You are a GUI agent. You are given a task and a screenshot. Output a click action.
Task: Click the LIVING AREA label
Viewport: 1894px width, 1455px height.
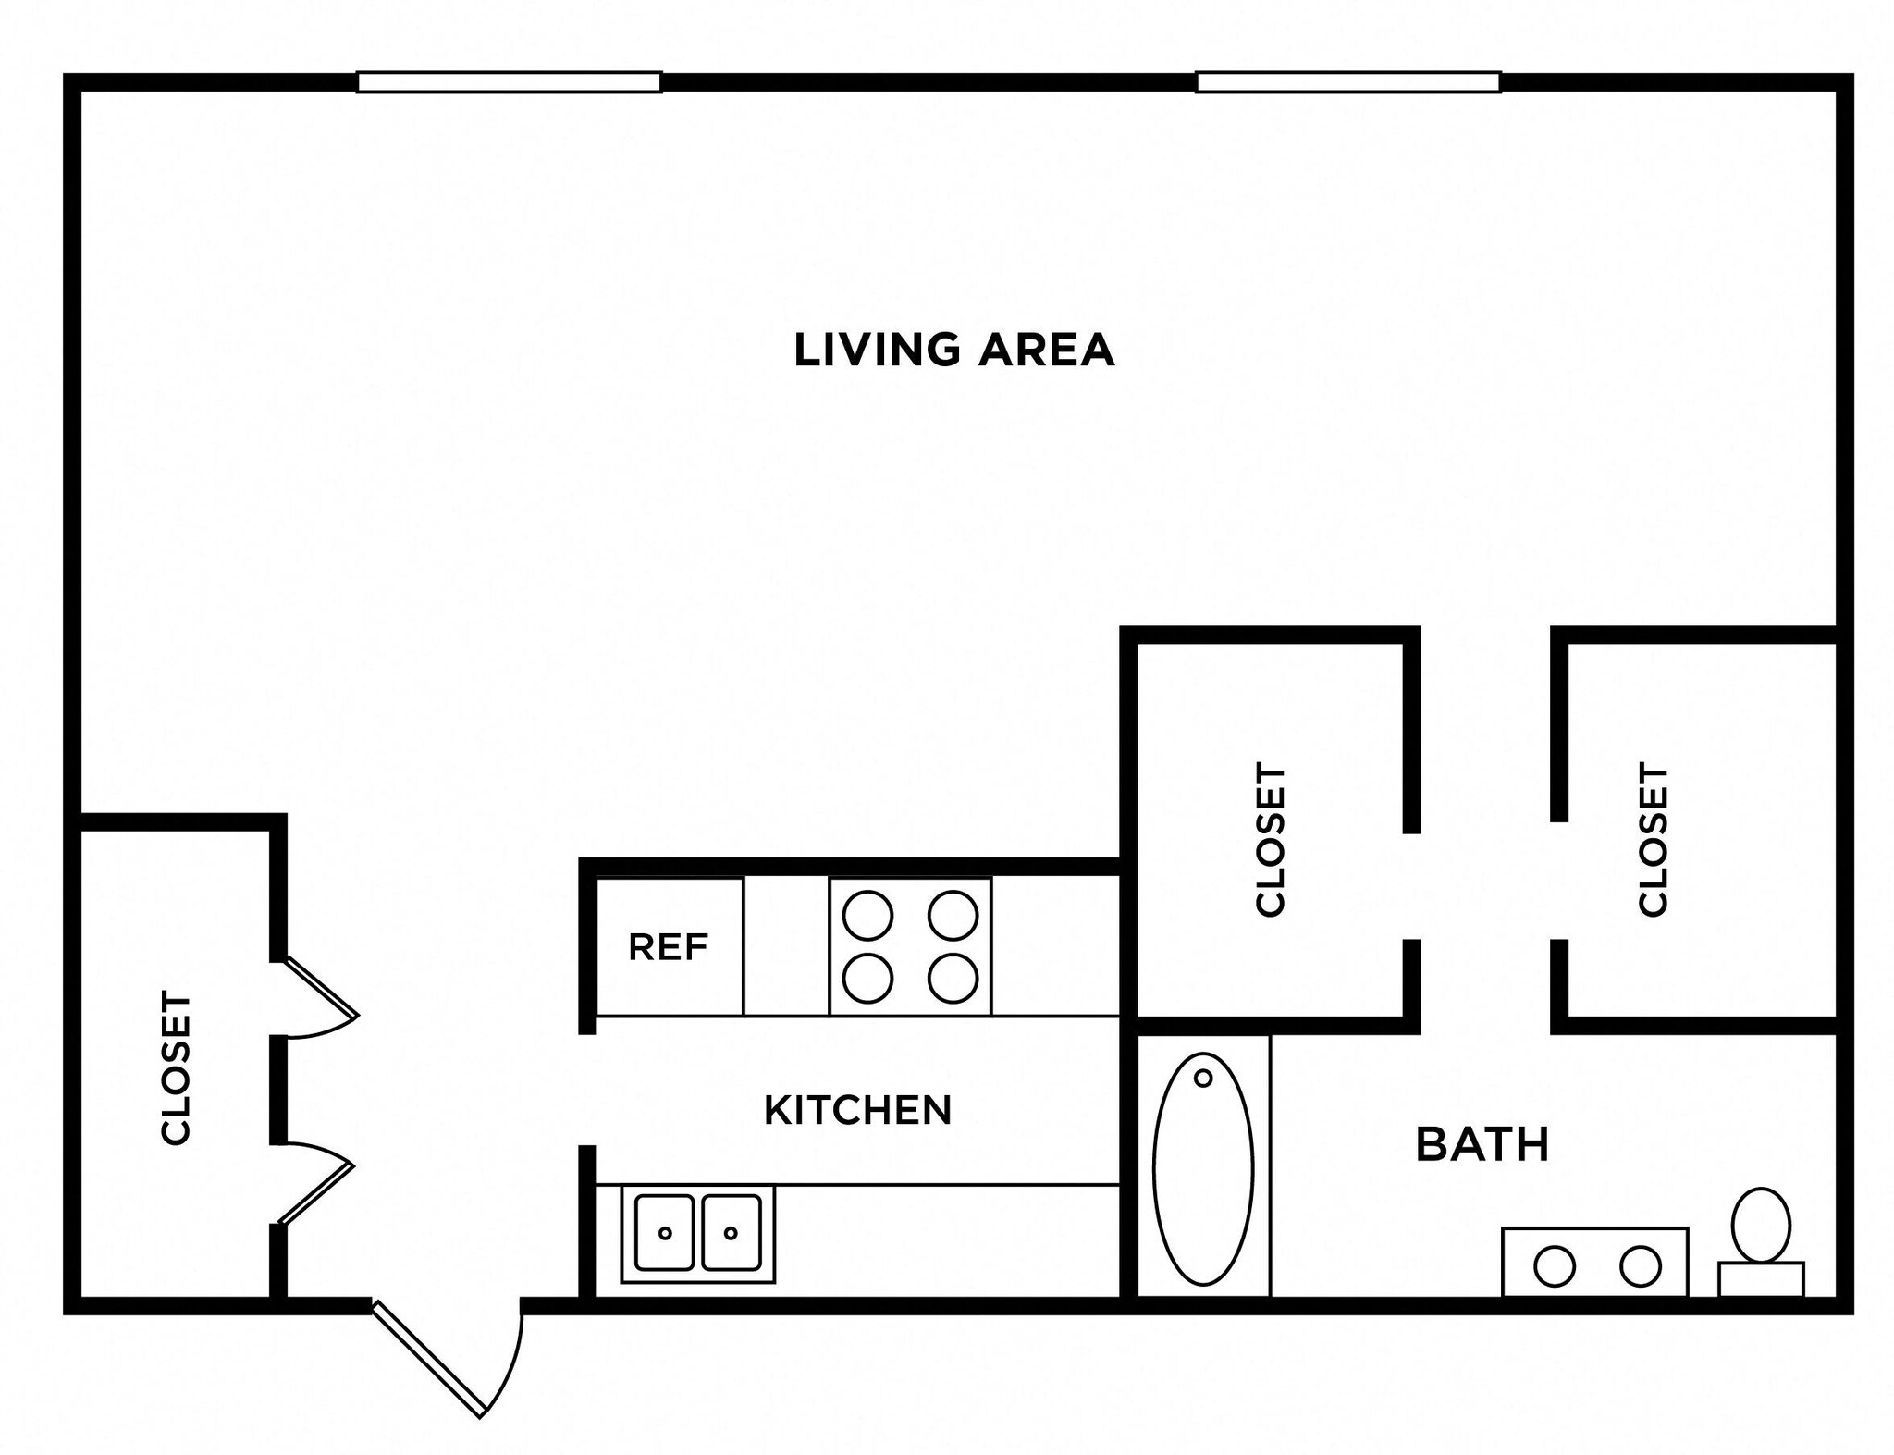coord(953,351)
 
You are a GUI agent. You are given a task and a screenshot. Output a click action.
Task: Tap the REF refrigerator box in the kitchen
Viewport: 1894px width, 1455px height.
coord(669,946)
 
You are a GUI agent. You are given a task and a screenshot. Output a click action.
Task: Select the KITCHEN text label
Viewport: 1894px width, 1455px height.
coord(857,1110)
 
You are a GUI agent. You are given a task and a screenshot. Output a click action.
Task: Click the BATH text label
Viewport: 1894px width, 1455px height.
coord(1482,1145)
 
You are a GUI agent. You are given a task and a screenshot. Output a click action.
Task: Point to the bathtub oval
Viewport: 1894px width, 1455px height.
coord(1203,1170)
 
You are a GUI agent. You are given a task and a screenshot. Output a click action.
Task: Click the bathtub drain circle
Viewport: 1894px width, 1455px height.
coord(1203,1078)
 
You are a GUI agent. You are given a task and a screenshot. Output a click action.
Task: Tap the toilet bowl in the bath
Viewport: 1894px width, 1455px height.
coord(1761,1225)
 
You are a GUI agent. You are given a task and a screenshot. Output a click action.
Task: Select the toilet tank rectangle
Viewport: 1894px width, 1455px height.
coord(1761,1279)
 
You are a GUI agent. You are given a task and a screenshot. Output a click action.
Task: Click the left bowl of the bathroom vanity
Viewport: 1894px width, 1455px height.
coord(1555,1266)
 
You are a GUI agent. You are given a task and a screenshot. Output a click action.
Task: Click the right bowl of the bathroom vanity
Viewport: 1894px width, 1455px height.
coord(1640,1266)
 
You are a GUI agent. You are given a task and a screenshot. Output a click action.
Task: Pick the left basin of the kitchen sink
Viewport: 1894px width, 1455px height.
coord(664,1232)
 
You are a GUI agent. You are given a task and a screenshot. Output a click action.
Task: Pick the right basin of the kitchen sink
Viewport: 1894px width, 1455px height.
coord(732,1232)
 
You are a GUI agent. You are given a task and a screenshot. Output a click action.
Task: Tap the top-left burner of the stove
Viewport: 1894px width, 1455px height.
coord(867,915)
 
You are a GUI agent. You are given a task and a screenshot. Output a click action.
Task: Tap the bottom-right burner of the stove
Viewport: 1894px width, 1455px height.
coord(953,978)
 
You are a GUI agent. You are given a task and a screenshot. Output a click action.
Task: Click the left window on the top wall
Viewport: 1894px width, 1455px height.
coord(509,82)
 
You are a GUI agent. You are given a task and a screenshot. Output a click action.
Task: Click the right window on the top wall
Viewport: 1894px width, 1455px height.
coord(1347,82)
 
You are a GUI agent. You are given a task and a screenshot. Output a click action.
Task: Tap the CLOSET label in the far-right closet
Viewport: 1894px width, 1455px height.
coord(1653,839)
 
